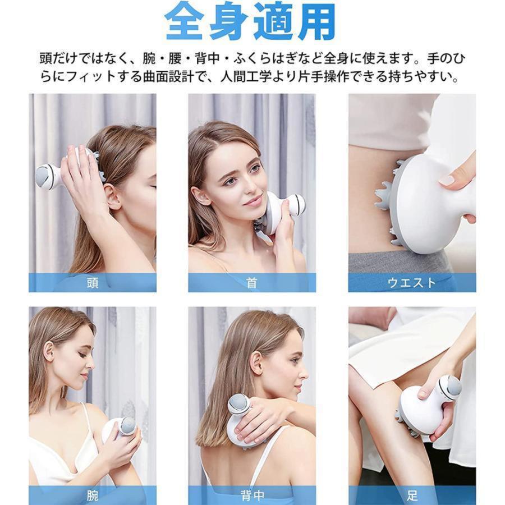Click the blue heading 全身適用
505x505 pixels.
[x=250, y=21]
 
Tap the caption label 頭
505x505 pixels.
[x=93, y=283]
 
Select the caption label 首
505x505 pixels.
[x=251, y=283]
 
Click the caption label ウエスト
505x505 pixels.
[x=412, y=283]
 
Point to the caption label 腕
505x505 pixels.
[x=93, y=495]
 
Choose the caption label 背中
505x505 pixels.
[x=252, y=495]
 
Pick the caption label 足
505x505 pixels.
[x=412, y=495]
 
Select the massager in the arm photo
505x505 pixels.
[x=120, y=431]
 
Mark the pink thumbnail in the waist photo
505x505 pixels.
[x=449, y=180]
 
